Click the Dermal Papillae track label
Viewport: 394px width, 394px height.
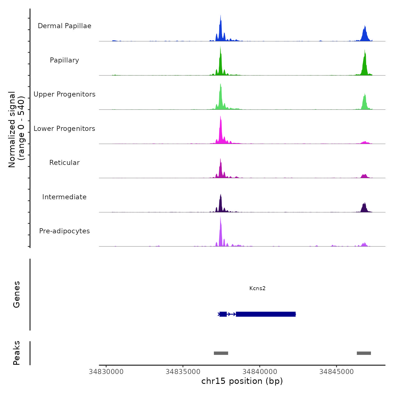click(x=64, y=26)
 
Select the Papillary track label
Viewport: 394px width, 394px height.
click(x=64, y=60)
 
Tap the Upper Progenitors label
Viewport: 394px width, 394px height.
click(x=64, y=94)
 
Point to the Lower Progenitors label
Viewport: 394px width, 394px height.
click(x=64, y=129)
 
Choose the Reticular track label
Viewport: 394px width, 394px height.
click(x=64, y=163)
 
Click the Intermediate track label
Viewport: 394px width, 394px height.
click(x=64, y=197)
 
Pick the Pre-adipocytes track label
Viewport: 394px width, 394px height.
click(x=64, y=231)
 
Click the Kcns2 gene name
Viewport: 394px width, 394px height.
click(x=257, y=288)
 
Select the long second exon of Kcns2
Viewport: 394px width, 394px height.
click(x=266, y=314)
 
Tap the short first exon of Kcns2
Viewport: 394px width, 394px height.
click(x=223, y=314)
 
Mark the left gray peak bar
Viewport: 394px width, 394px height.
click(x=221, y=353)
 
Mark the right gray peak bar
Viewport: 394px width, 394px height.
click(x=364, y=353)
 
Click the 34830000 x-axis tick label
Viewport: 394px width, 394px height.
click(x=106, y=372)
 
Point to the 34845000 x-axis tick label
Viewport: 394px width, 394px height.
click(x=336, y=372)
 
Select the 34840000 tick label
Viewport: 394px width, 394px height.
click(x=260, y=372)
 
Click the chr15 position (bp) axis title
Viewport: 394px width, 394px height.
click(x=242, y=381)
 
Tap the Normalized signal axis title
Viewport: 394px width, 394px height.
click(x=16, y=129)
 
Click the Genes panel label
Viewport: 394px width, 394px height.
click(x=17, y=294)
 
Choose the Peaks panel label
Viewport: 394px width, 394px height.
click(x=17, y=353)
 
